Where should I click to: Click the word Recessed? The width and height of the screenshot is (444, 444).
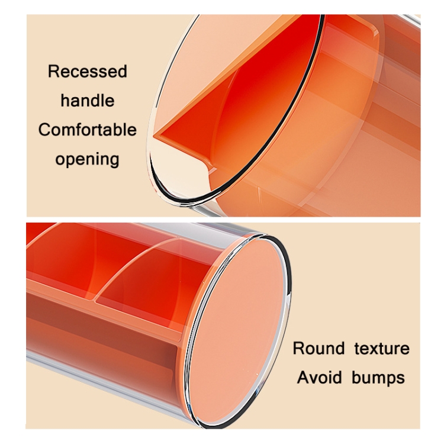(88, 72)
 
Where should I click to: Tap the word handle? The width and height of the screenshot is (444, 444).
(88, 100)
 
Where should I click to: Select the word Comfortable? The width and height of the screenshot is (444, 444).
(88, 130)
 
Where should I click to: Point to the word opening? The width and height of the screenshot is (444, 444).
(88, 159)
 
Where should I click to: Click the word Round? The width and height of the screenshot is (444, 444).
(318, 348)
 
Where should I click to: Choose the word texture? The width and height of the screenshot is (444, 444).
(382, 348)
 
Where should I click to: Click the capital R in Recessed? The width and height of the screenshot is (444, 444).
(53, 72)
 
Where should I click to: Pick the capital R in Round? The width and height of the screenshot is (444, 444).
(298, 348)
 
